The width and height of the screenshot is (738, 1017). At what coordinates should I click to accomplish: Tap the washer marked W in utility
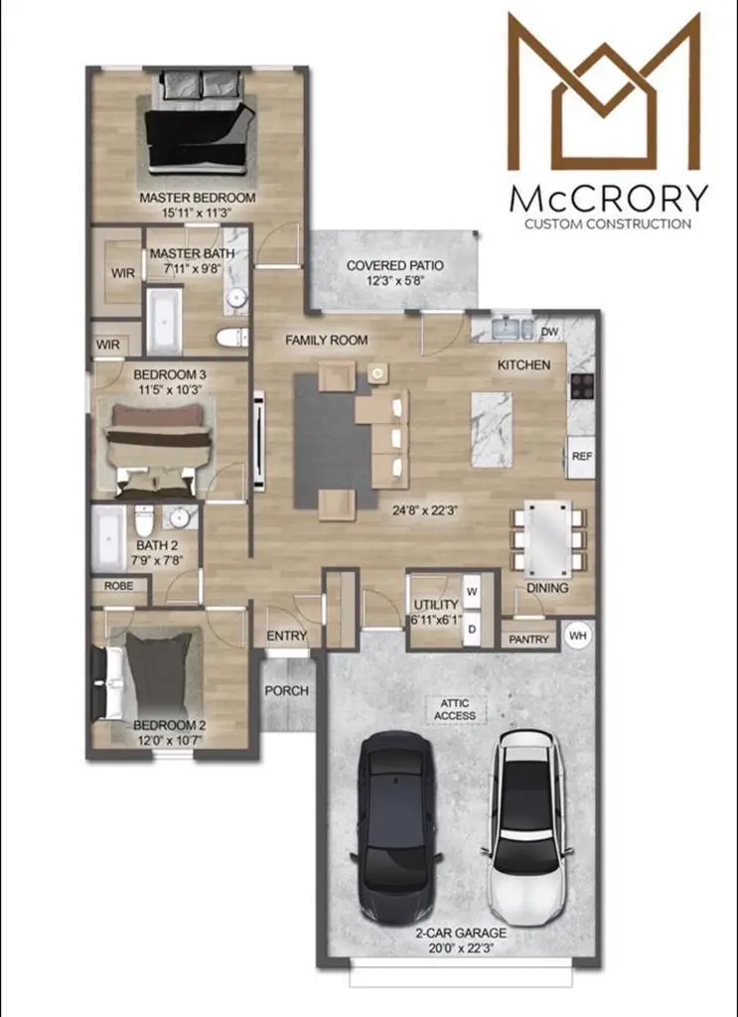click(472, 588)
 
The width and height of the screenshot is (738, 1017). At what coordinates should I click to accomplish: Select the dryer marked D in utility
click(472, 628)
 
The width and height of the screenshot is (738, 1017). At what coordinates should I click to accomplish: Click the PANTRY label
click(528, 640)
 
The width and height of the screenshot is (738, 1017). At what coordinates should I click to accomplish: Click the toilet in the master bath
click(231, 338)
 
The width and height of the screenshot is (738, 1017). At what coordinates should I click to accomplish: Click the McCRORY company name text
click(608, 198)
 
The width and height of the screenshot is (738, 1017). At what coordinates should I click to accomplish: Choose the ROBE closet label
click(118, 587)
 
